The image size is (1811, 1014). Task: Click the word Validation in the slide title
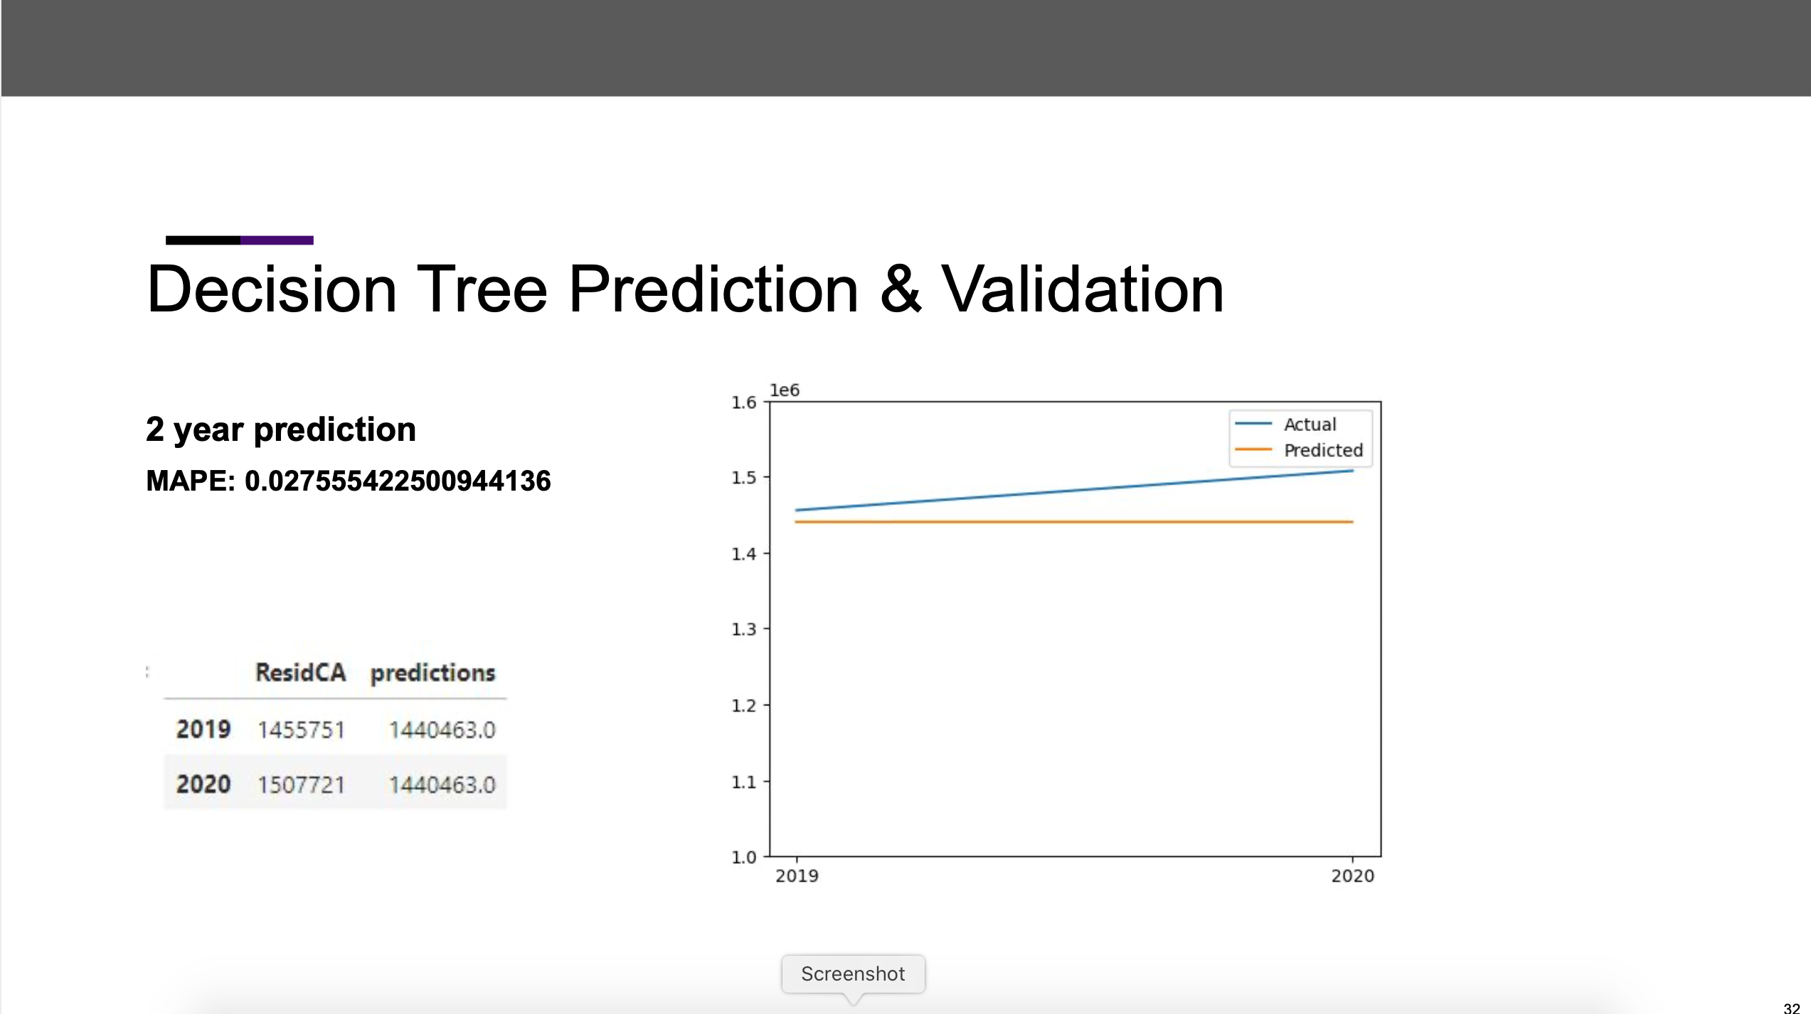point(1082,289)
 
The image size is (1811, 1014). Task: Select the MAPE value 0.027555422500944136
point(398,481)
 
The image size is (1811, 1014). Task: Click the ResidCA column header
point(300,673)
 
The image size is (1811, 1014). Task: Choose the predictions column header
point(432,673)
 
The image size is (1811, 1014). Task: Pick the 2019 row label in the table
point(203,730)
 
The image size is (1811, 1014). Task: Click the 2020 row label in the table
point(203,784)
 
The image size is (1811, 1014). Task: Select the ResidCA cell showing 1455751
point(301,730)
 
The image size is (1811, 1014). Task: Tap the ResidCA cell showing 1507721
point(301,785)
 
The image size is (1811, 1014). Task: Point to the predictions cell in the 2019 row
point(442,730)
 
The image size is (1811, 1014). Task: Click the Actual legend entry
point(1310,425)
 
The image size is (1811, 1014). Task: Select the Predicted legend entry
point(1323,450)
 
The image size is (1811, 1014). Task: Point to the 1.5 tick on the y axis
point(744,478)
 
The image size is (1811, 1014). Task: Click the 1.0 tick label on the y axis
point(744,858)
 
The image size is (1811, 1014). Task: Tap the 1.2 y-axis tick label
point(744,705)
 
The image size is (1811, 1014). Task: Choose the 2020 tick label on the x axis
point(1352,876)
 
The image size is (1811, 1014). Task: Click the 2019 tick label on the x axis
point(797,876)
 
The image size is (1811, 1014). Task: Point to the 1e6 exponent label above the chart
point(785,390)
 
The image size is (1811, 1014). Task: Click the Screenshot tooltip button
point(853,973)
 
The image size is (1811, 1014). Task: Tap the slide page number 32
point(1791,1007)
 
